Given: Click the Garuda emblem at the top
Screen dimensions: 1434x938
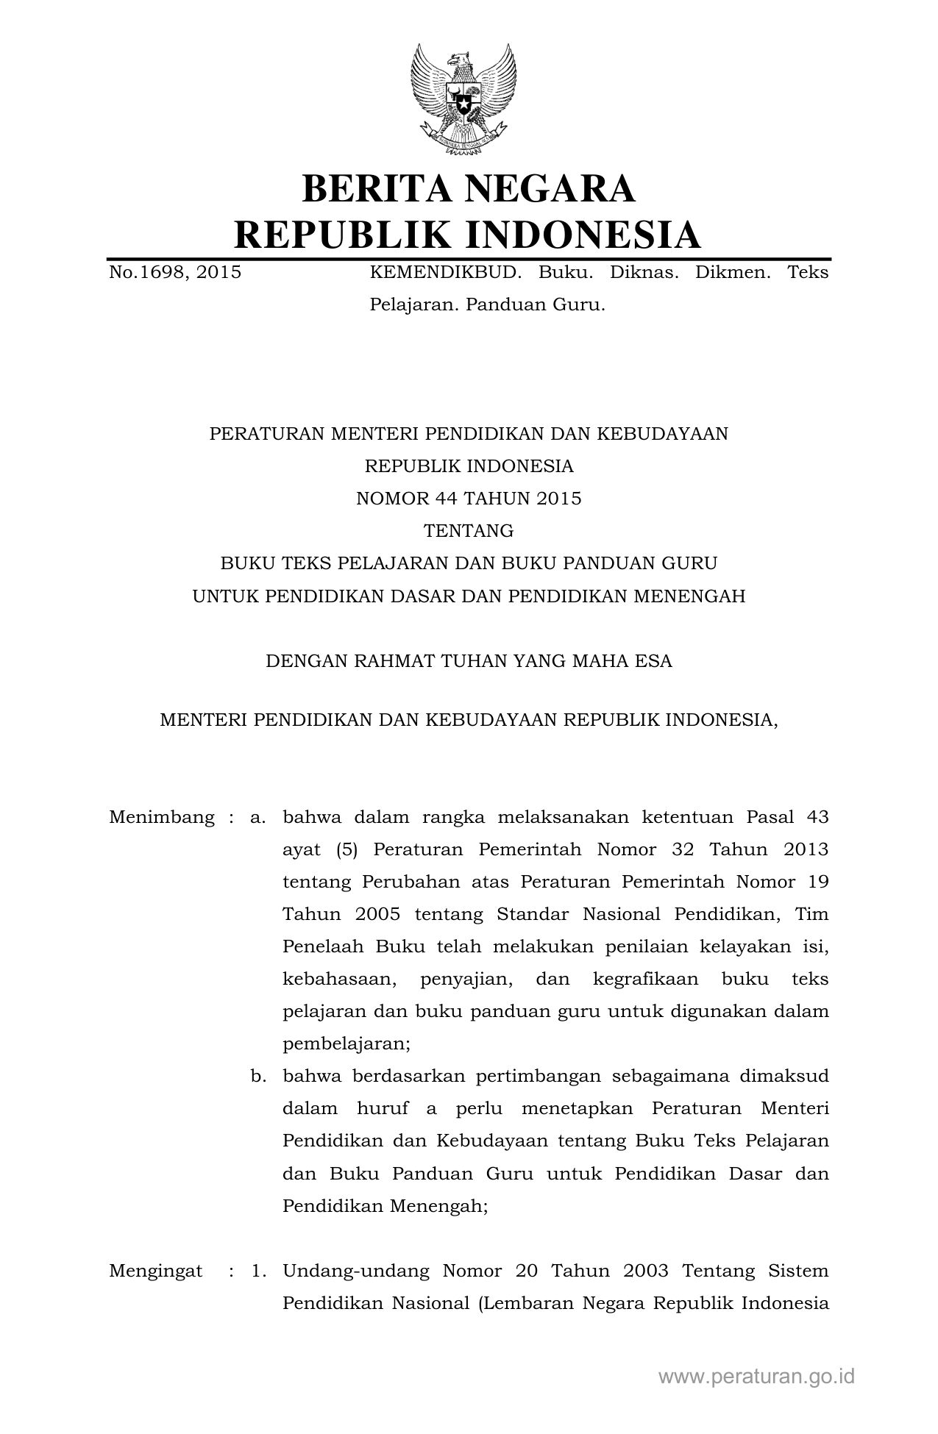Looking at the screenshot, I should [x=463, y=99].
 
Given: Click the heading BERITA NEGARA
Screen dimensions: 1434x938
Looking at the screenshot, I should [x=468, y=188].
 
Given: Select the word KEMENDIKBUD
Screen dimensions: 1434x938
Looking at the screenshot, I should [x=445, y=273].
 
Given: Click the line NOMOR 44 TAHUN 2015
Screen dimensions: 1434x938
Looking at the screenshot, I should [x=469, y=499].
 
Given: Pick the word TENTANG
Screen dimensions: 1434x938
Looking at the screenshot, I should [x=469, y=531].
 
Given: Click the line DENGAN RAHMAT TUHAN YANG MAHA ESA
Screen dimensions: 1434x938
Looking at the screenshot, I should [x=469, y=660].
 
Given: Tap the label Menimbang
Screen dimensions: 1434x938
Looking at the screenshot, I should [x=162, y=817].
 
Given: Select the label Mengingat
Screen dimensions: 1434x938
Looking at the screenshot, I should [x=156, y=1271].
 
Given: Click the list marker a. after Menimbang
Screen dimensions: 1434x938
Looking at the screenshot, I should [x=257, y=817].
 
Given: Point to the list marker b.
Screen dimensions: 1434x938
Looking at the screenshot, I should [x=257, y=1076].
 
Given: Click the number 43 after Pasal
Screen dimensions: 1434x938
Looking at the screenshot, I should [x=817, y=817].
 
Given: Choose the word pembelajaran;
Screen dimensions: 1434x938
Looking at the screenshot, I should [x=347, y=1044].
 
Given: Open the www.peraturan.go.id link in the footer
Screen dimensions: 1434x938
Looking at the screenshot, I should [x=756, y=1377].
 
